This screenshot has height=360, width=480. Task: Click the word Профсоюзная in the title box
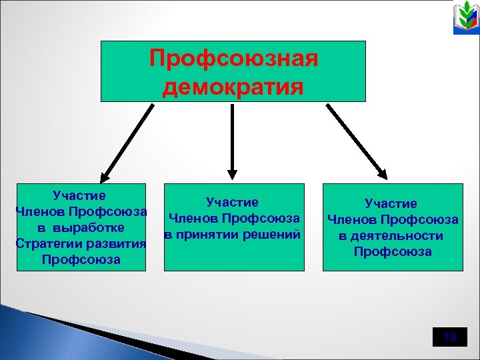click(x=233, y=58)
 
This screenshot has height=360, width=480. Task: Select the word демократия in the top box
click(x=233, y=87)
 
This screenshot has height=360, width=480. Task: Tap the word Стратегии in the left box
click(x=43, y=243)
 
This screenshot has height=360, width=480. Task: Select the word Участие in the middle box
click(x=233, y=201)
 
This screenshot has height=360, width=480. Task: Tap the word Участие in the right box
click(x=391, y=203)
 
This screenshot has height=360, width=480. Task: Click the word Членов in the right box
click(x=350, y=219)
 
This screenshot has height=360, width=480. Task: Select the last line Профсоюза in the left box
click(x=81, y=259)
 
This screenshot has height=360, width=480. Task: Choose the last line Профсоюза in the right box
click(x=393, y=251)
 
